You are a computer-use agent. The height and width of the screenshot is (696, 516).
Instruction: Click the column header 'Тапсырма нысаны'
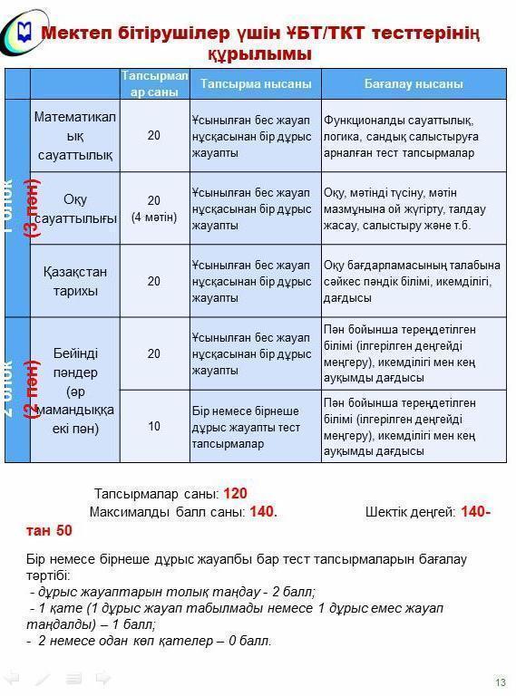(255, 83)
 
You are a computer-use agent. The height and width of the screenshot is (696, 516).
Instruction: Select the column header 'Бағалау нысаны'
(414, 83)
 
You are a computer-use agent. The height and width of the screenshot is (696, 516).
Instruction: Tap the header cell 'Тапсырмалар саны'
(154, 83)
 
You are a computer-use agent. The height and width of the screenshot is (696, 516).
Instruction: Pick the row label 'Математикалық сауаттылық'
(75, 135)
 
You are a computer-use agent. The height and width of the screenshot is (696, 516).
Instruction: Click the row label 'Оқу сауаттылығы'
(75, 208)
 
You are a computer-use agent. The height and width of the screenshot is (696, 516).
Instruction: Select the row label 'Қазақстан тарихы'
(75, 281)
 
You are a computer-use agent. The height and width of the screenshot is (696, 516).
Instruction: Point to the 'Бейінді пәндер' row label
(75, 353)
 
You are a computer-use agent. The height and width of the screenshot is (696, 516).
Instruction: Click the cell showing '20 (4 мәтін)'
(154, 208)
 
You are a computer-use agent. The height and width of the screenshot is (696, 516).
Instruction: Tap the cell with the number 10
(154, 426)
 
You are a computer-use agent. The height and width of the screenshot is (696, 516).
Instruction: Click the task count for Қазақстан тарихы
(154, 281)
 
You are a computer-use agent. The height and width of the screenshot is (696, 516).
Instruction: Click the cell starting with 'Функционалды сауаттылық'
(414, 135)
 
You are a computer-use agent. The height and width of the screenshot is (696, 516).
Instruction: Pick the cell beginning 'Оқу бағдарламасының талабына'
(414, 281)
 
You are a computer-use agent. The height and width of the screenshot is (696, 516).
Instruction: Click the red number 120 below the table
(235, 494)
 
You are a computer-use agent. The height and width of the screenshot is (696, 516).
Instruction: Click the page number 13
(500, 682)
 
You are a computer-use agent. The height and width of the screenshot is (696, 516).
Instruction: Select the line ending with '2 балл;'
(172, 592)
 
